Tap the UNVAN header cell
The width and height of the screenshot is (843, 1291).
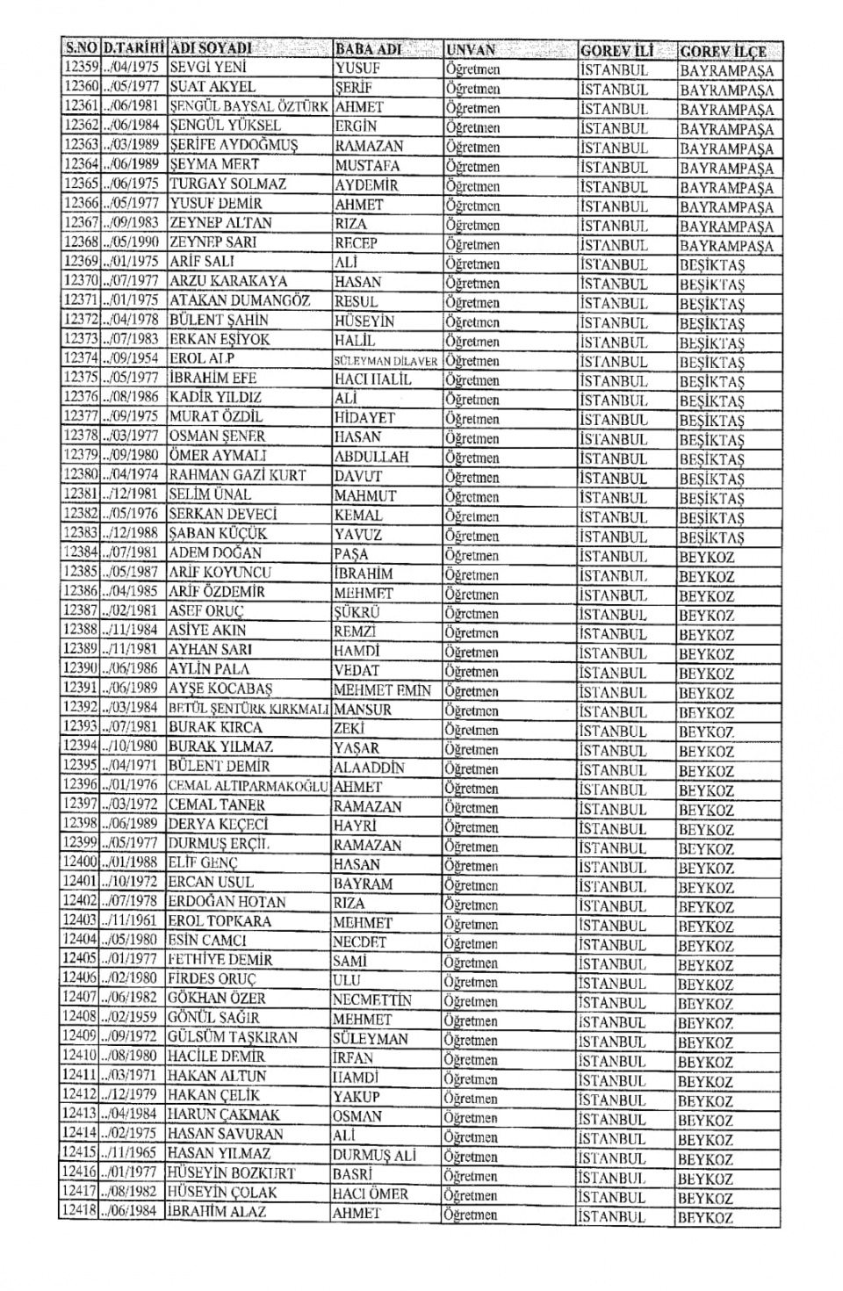point(471,50)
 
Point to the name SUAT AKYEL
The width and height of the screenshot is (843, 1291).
point(212,87)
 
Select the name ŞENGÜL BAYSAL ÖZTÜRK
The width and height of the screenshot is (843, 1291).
point(249,106)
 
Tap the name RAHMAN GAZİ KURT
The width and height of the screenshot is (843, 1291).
point(237,475)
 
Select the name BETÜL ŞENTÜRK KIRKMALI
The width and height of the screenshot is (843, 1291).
point(249,708)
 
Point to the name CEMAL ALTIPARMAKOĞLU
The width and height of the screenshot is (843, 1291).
point(248,785)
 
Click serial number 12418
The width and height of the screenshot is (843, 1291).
point(79,1211)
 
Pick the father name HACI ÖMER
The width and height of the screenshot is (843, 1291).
point(370,1193)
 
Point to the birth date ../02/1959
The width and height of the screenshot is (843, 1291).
point(131,1018)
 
